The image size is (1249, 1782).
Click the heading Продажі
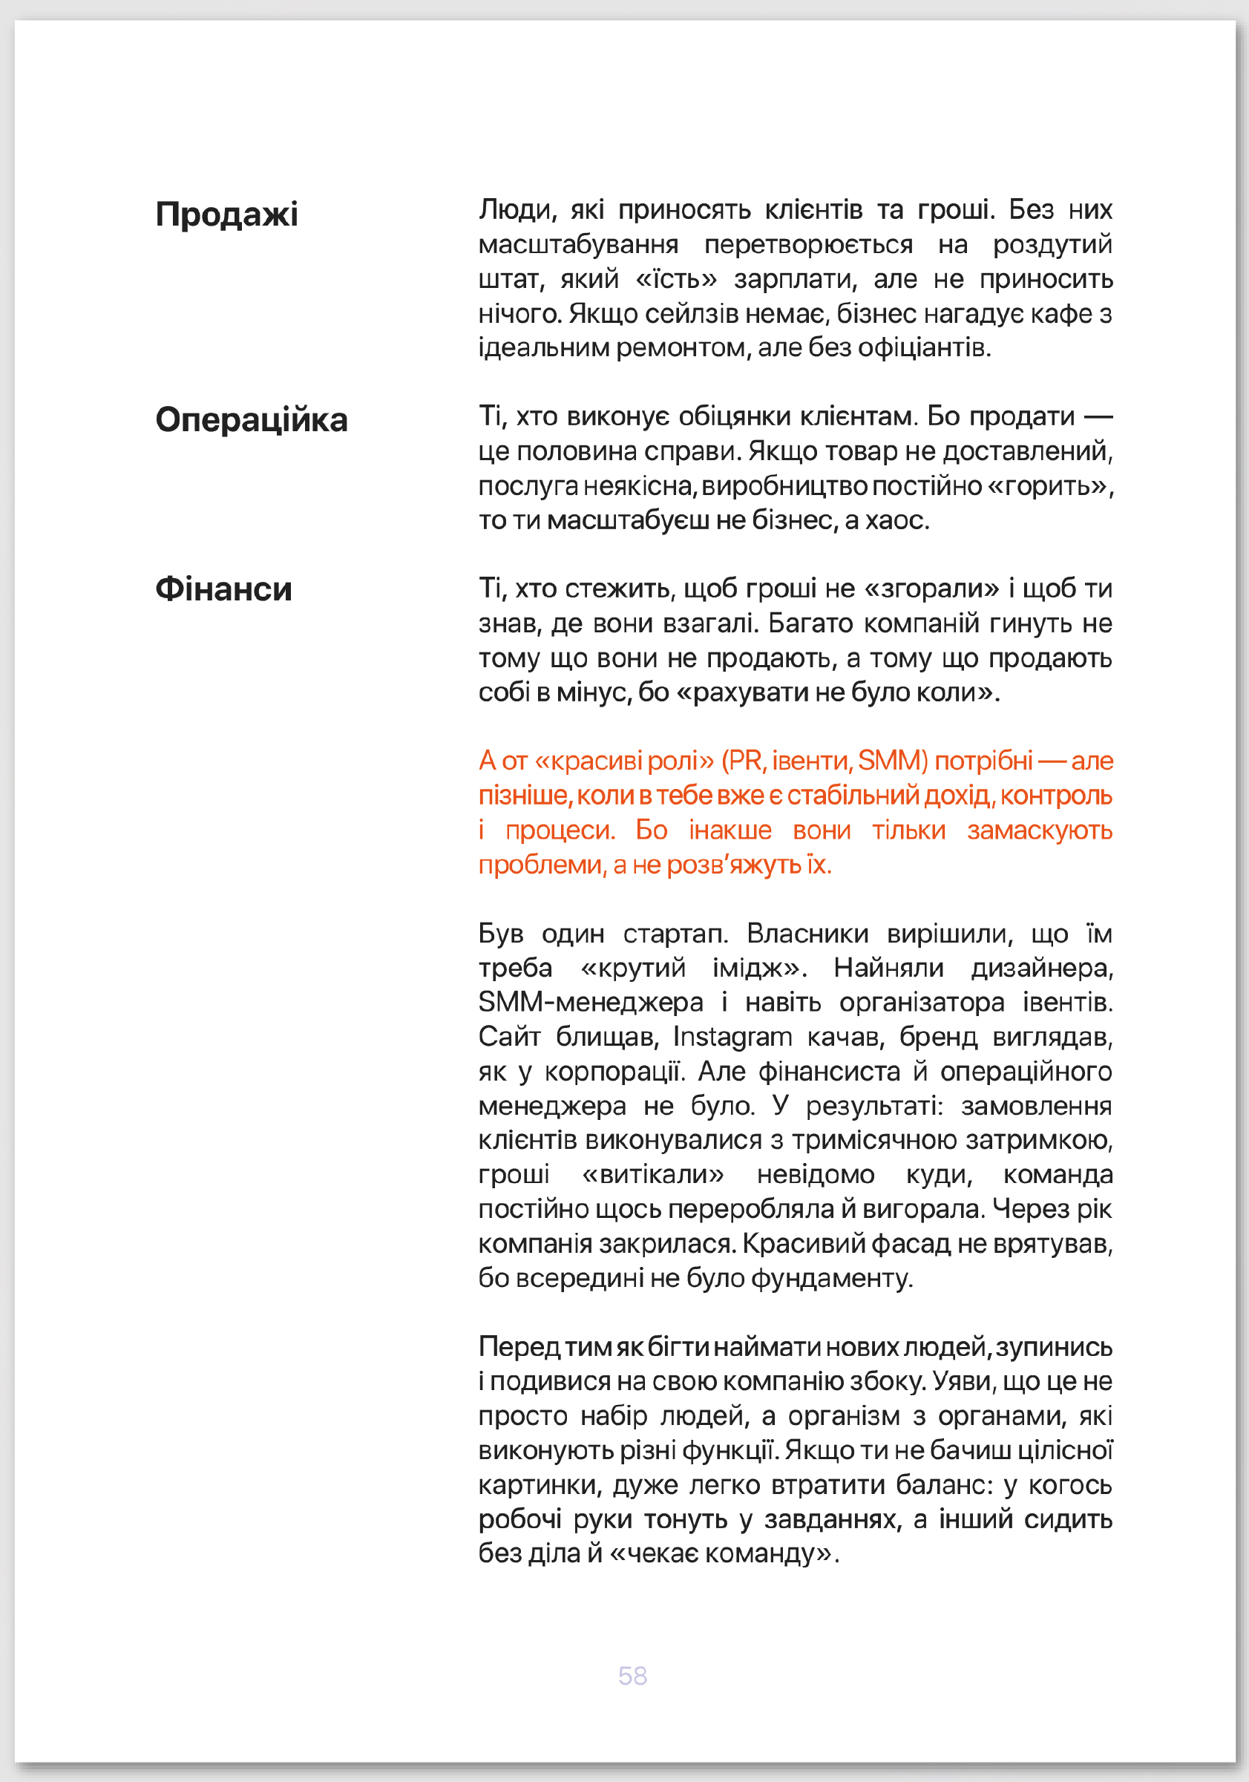point(226,214)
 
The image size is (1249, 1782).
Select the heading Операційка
point(252,420)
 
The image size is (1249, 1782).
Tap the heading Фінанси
point(223,589)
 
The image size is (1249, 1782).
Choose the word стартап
point(675,933)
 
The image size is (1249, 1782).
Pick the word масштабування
point(578,244)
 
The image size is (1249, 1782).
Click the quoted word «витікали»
point(652,1174)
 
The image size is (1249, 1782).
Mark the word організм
point(842,1415)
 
